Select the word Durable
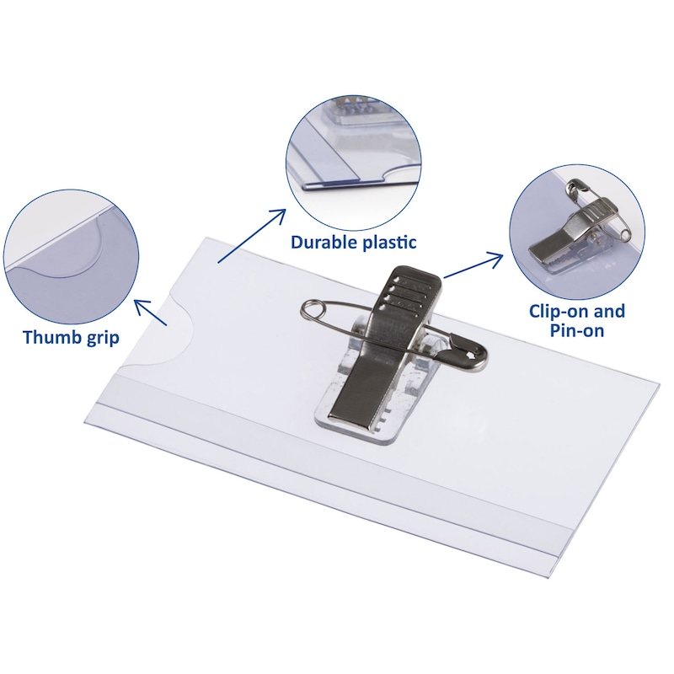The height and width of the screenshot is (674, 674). click(x=324, y=242)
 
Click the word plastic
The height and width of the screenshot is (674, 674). click(x=390, y=243)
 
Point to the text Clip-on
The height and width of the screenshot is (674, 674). click(x=559, y=310)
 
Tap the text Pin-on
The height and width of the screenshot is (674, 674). click(x=577, y=330)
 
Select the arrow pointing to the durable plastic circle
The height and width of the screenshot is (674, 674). click(x=252, y=236)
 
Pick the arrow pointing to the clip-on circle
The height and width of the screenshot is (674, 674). click(x=473, y=265)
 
